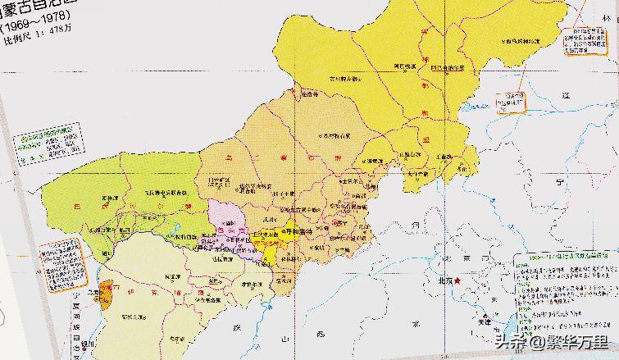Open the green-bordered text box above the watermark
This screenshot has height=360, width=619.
click(566, 283)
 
